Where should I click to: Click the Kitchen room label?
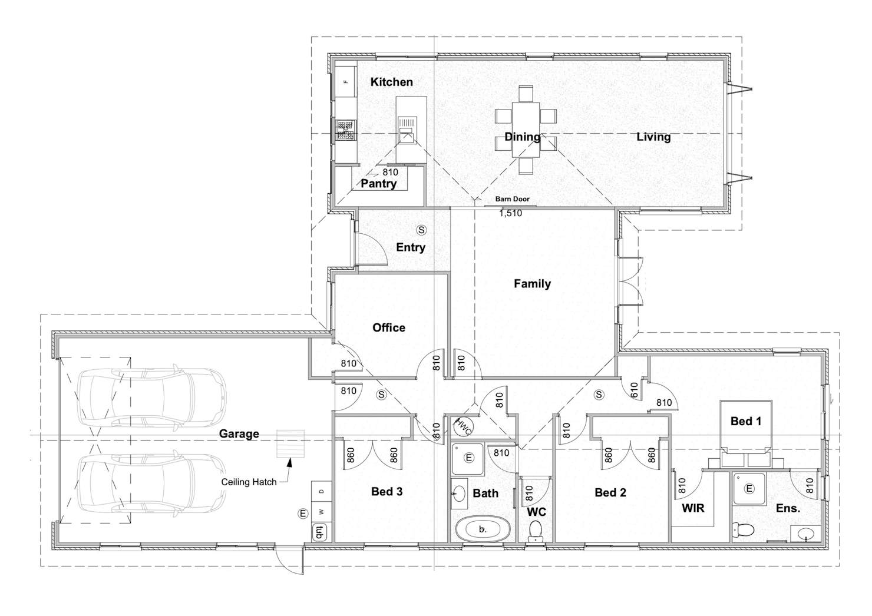click(x=391, y=82)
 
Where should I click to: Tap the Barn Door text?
click(x=513, y=199)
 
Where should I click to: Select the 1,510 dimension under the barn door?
click(x=511, y=213)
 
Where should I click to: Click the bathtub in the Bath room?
click(x=483, y=529)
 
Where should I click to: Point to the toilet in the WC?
click(x=536, y=532)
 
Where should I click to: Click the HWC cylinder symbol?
click(x=463, y=427)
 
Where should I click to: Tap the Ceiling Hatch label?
click(x=249, y=482)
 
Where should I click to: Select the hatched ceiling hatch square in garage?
click(x=290, y=444)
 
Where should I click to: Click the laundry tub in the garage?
click(x=319, y=532)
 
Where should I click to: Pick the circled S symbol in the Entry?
click(x=421, y=230)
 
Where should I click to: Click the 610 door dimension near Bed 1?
click(x=634, y=390)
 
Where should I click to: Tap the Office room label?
click(x=389, y=327)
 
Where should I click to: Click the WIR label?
click(x=693, y=508)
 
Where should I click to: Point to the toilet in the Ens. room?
click(x=743, y=529)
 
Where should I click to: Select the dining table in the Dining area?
click(x=526, y=130)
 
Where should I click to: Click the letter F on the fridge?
click(x=346, y=82)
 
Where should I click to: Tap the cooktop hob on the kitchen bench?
click(x=346, y=130)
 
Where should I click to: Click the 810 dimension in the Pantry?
click(x=391, y=173)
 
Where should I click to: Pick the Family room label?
click(x=532, y=284)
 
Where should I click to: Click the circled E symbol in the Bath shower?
click(x=469, y=458)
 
